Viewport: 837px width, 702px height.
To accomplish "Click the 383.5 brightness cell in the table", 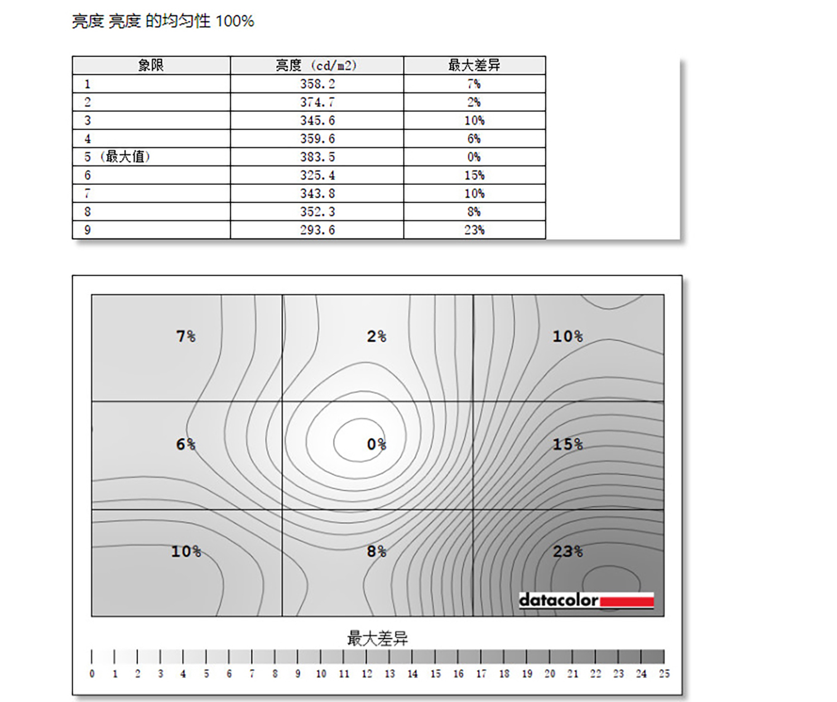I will tap(317, 157).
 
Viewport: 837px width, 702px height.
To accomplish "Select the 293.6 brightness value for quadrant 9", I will tap(317, 230).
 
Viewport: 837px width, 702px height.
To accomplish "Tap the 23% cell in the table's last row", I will tap(474, 230).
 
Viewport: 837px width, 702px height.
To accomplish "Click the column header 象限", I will tap(151, 65).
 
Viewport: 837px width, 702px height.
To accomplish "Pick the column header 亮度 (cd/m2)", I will tap(316, 65).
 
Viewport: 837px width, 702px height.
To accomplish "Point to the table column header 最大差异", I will tap(474, 65).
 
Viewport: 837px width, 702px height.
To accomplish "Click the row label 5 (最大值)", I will tap(118, 157).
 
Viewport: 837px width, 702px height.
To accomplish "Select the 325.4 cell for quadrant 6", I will tap(317, 175).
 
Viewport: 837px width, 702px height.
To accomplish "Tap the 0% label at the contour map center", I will tap(377, 445).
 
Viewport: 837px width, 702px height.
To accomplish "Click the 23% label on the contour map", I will tap(567, 552).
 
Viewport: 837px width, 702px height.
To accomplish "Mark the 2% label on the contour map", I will tap(377, 336).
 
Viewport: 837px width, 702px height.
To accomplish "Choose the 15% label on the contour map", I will tap(567, 445).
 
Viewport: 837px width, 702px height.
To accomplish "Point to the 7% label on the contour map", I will tap(186, 336).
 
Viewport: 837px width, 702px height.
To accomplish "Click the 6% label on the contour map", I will tap(186, 445).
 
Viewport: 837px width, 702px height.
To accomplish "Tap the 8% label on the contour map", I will tap(377, 552).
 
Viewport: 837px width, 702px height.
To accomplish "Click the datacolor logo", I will tap(586, 600).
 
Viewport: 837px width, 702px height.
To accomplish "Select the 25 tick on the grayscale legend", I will tap(663, 674).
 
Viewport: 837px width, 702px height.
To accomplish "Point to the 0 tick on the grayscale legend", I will tap(92, 674).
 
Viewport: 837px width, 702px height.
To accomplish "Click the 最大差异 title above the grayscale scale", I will tap(377, 638).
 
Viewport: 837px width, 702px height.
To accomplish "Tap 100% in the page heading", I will tap(235, 21).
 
